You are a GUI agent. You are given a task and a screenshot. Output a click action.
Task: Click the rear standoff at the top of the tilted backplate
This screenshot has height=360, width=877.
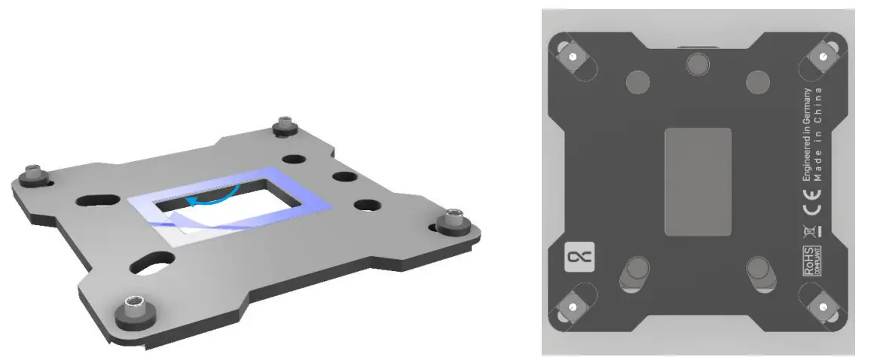284,126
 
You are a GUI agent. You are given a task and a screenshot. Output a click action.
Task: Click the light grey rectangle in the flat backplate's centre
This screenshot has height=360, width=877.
698,181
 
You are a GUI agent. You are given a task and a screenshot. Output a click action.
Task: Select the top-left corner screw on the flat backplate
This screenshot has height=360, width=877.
573,56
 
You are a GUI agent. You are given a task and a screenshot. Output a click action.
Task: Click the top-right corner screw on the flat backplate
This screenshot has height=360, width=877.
824,56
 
